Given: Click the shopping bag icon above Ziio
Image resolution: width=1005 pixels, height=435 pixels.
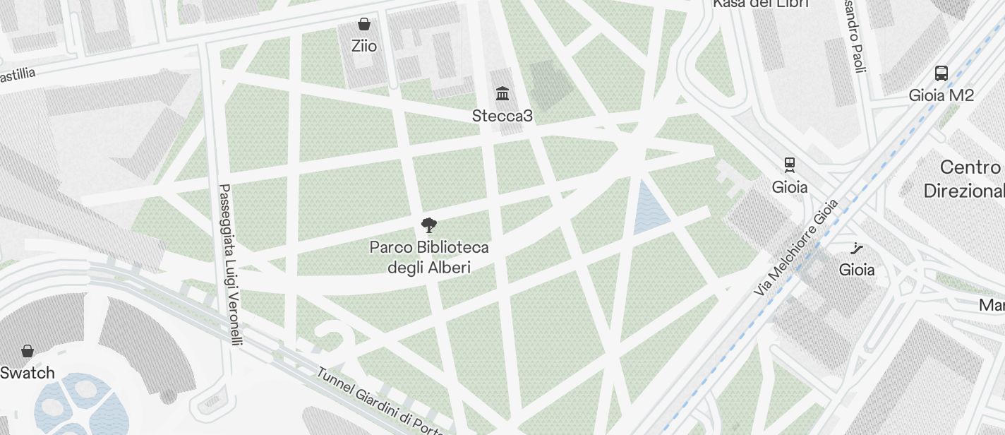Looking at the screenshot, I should [x=364, y=25].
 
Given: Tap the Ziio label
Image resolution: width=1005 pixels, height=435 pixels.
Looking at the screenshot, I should [x=364, y=47].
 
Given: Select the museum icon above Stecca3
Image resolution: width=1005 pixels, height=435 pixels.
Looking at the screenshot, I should [x=502, y=94].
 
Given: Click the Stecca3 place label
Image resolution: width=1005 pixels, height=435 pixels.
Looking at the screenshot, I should [x=502, y=116].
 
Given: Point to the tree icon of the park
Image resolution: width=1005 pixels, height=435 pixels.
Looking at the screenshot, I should [x=428, y=226].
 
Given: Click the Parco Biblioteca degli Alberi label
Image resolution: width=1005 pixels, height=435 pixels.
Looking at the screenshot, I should [x=429, y=258].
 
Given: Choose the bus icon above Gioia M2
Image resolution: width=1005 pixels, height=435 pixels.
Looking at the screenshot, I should [x=941, y=73].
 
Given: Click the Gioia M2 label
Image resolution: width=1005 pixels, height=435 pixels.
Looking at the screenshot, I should [x=941, y=95].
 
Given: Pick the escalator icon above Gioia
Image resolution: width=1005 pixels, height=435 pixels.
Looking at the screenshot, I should [x=857, y=248].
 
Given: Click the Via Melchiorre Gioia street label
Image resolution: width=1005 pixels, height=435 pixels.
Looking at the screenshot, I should [x=796, y=247].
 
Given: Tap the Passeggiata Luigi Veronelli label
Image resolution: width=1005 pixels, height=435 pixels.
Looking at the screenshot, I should [x=230, y=265].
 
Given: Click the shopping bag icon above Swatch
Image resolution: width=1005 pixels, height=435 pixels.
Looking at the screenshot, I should [x=28, y=351].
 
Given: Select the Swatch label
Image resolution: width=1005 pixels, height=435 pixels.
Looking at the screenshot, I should [x=28, y=373].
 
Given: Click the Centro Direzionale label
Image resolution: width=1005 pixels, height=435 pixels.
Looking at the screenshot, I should [x=965, y=179].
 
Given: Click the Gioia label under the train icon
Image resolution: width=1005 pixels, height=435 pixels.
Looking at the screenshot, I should [x=790, y=187].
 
